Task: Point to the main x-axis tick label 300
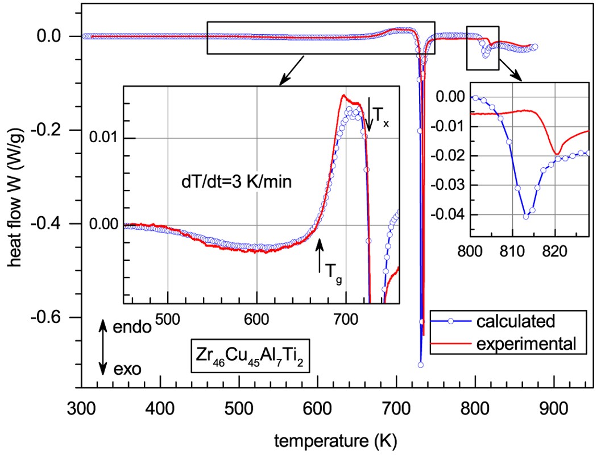[x=83, y=409]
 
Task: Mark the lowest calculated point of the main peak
[x=421, y=365]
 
